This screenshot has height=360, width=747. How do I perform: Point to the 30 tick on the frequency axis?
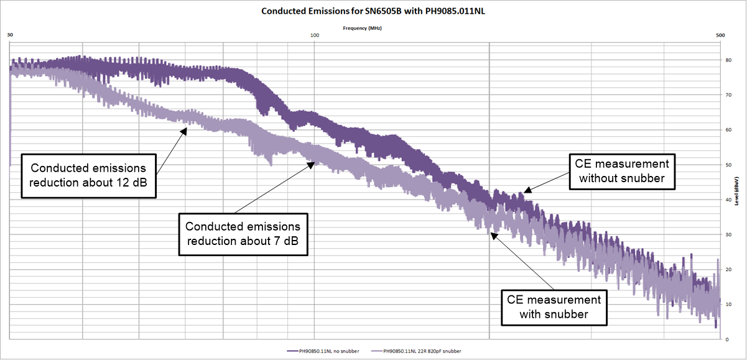pos(10,35)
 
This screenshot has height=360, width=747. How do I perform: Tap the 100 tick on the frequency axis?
pos(314,35)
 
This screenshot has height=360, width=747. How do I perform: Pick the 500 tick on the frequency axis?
pos(720,35)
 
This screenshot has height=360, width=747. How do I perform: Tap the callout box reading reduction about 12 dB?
pos(88,175)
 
